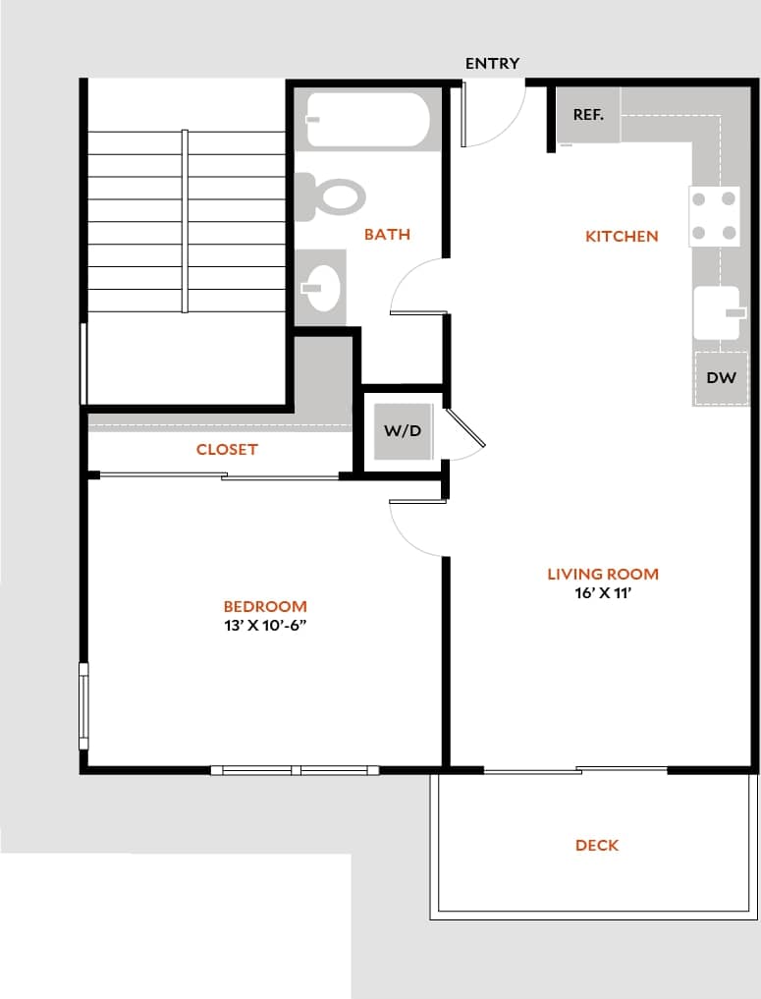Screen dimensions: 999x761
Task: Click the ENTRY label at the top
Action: point(492,64)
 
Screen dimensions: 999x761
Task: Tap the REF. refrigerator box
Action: point(588,115)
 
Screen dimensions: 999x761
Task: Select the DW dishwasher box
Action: point(721,378)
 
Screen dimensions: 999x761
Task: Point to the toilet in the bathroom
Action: point(331,196)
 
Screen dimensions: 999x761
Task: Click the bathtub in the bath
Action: point(367,120)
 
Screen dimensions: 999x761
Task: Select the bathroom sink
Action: point(322,288)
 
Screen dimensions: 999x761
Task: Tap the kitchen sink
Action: point(718,312)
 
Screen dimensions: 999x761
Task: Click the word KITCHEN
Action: point(622,237)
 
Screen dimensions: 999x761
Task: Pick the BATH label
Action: point(387,235)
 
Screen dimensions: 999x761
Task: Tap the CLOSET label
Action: point(227,450)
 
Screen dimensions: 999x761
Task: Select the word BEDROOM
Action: point(265,607)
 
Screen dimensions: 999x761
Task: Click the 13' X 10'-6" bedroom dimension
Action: point(265,626)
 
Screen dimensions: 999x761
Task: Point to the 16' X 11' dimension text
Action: point(602,593)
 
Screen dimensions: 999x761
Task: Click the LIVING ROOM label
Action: point(603,575)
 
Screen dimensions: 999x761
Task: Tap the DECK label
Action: point(597,846)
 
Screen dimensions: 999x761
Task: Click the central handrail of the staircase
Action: point(185,222)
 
